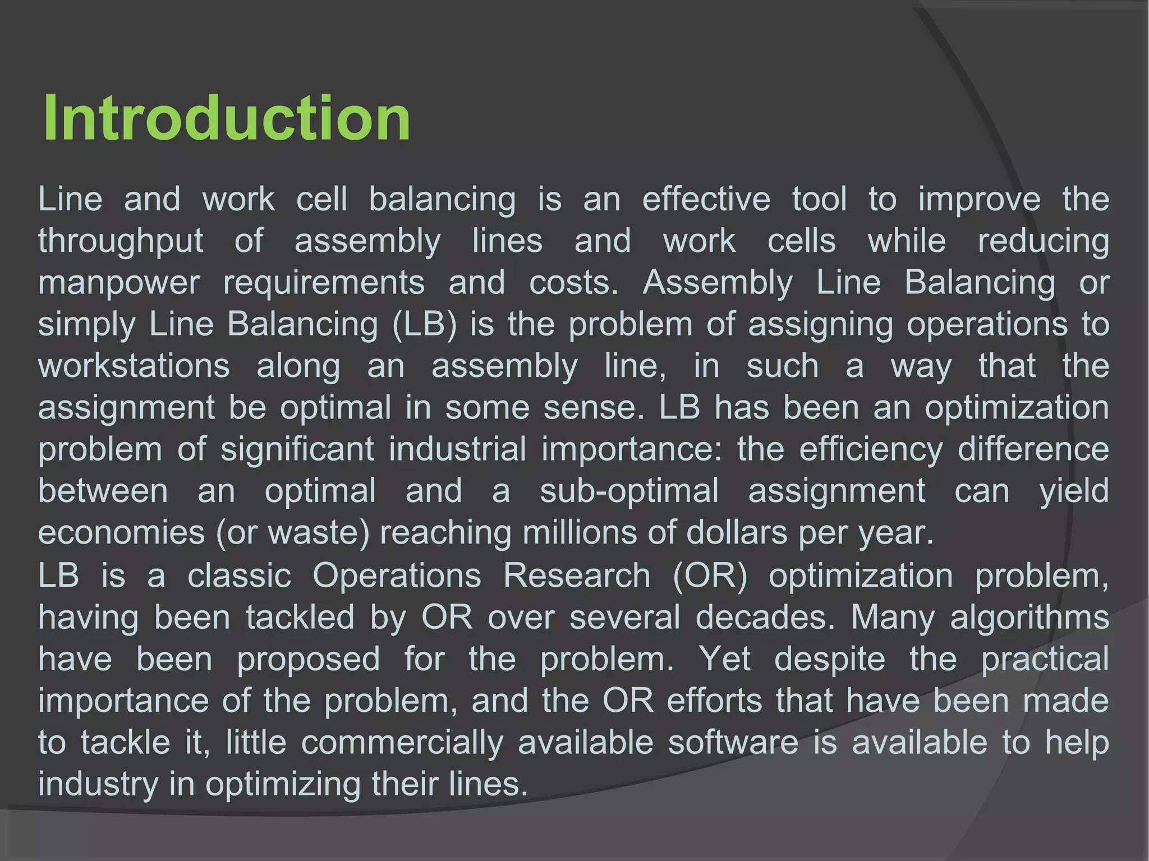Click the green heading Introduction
point(227,118)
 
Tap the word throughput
point(121,241)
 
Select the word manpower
point(119,283)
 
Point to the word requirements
point(324,283)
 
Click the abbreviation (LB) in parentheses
point(425,324)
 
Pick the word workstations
point(134,366)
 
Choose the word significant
point(297,449)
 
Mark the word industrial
point(458,449)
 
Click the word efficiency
point(871,449)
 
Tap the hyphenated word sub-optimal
point(629,491)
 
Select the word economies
point(122,532)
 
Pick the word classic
point(240,575)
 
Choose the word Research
point(577,575)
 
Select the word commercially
point(402,743)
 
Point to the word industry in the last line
point(98,784)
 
